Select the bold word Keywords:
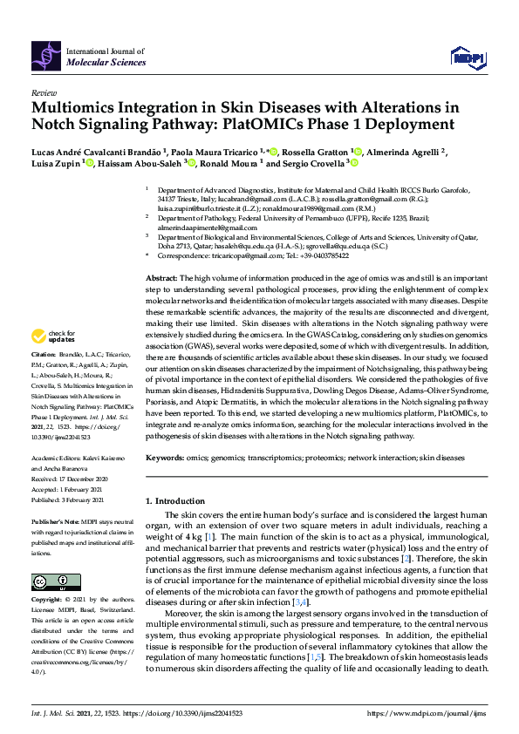(x=166, y=458)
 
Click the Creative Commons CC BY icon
(x=50, y=581)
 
